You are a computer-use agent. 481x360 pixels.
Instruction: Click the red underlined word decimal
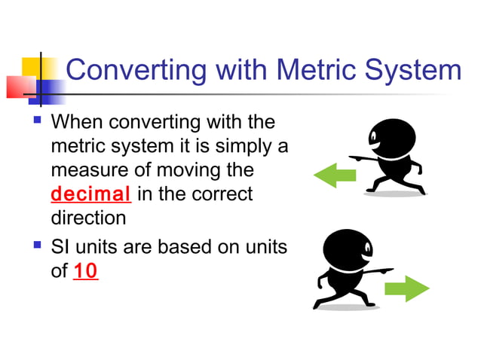tap(91, 194)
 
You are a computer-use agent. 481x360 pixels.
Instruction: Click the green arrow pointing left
tap(334, 177)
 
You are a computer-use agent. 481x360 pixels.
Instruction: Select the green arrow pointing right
tap(407, 288)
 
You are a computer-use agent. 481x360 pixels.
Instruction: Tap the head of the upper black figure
tap(386, 136)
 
